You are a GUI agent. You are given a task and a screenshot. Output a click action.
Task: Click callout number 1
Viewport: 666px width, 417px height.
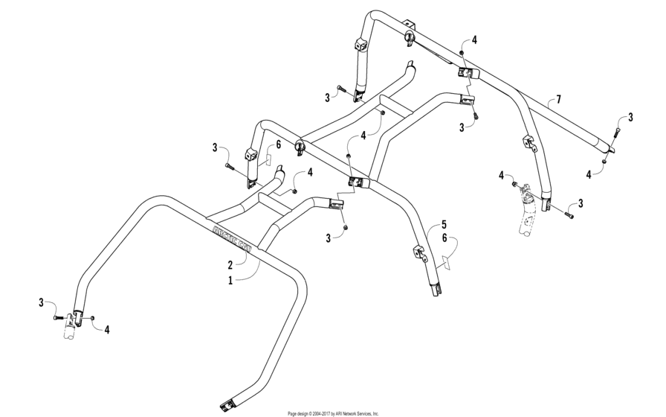tap(230, 280)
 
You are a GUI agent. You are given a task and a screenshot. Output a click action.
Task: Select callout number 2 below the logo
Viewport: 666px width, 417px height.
tap(230, 264)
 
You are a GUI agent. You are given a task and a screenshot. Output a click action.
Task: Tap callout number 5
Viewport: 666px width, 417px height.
tap(444, 223)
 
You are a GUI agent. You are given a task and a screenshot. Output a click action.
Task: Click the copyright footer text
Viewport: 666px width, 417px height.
tap(333, 413)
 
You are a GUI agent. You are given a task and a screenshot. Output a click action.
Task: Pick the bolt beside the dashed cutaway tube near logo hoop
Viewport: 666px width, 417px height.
tap(59, 318)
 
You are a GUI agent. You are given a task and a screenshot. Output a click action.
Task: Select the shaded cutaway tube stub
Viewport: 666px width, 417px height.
tap(528, 220)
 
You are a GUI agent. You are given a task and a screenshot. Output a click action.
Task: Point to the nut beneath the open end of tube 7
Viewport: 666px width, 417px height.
tap(605, 161)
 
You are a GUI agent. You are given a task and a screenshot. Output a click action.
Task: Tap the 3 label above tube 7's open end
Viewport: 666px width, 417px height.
tap(630, 117)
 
